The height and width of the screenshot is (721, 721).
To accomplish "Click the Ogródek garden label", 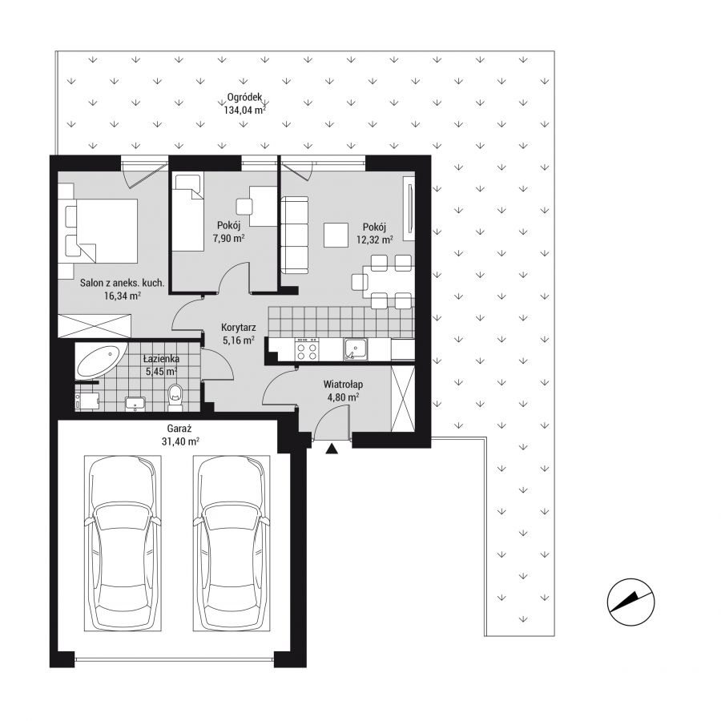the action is pos(244,98).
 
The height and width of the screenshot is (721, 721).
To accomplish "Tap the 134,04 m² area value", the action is pos(245,110).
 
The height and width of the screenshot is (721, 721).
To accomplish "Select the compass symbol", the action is pos(631,602).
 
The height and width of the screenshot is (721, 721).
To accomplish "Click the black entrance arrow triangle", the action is pos(332,449).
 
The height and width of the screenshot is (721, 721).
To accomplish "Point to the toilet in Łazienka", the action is pos(175,397).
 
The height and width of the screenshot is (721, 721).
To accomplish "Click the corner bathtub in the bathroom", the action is pos(101,361).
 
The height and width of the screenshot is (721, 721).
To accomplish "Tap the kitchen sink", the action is pos(355,349).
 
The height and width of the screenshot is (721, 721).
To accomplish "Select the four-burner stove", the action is pos(307,349).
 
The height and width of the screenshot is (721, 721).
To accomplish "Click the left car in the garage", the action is pos(123,543).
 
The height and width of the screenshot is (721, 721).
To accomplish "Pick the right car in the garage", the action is pos(232,543).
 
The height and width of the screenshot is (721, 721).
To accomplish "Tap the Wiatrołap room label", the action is pos(343,384).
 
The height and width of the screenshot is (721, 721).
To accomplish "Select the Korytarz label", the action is pos(239,328).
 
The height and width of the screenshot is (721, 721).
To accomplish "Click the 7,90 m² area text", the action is pos(228,238).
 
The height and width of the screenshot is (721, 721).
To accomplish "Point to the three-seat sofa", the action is pos(295,235).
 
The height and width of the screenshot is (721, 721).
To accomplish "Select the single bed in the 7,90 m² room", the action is pos(187,212).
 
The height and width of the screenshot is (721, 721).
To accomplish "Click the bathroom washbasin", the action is pos(135,403).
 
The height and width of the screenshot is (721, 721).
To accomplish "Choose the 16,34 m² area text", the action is pos(123,296).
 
